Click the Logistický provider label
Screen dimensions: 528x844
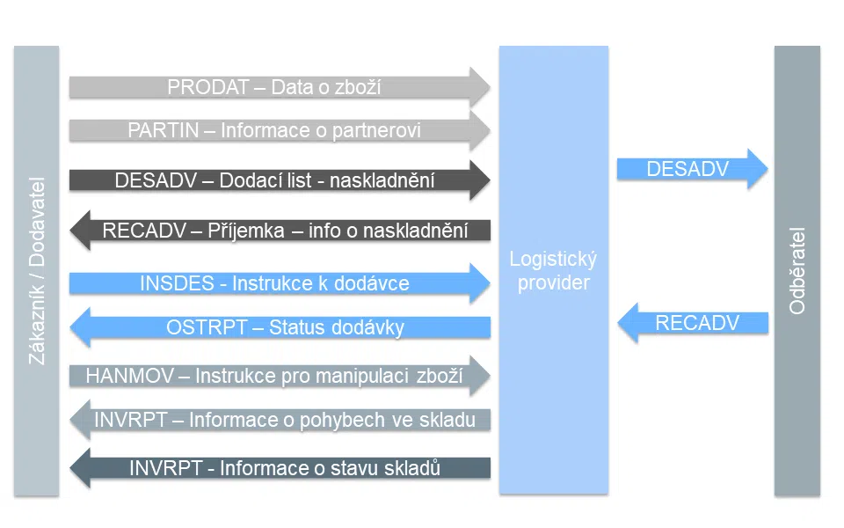554,271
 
